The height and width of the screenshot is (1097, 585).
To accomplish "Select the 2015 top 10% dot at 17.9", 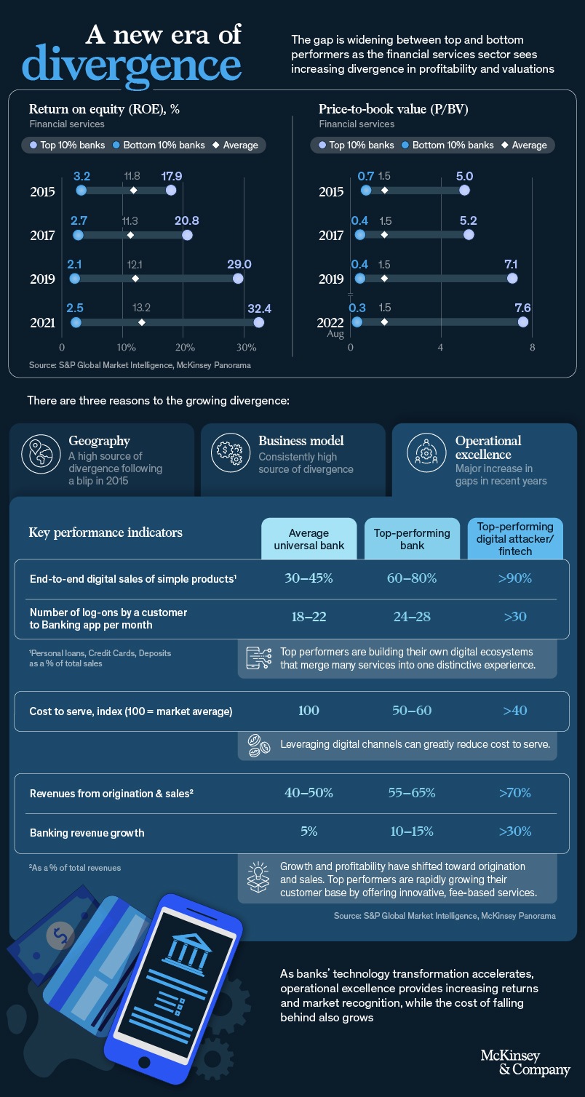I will tap(171, 191).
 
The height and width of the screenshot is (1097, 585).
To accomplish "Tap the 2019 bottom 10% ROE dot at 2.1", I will tap(74, 279).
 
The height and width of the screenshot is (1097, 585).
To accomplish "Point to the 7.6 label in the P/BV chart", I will tap(522, 308).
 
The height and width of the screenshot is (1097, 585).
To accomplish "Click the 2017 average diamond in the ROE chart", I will tap(130, 235).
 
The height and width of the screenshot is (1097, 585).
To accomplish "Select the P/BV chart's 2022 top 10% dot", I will tap(523, 322).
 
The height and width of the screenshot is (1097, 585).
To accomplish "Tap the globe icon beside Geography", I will tap(39, 452).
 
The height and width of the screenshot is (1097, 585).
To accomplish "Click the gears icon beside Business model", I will tap(228, 452).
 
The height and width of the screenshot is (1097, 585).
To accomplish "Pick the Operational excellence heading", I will tap(488, 447).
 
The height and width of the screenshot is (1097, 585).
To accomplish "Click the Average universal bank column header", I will tap(309, 539).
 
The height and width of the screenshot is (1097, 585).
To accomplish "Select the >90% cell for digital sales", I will tap(515, 578).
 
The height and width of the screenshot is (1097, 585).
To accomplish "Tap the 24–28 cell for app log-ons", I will tap(412, 616).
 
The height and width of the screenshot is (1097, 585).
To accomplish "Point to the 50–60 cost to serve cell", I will tap(412, 710).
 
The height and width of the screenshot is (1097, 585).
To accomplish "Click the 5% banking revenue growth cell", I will tap(309, 831).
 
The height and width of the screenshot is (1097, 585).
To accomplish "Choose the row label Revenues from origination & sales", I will tap(111, 793).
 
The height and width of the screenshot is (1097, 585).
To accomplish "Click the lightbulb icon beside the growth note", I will tap(258, 878).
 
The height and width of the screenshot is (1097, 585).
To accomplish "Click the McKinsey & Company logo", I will tap(525, 1063).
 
